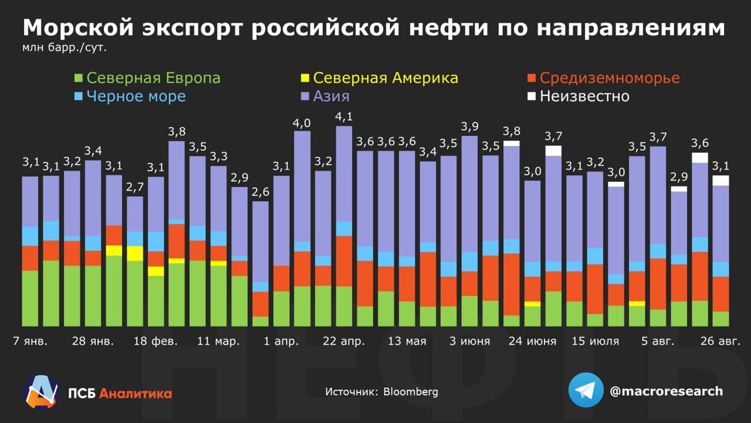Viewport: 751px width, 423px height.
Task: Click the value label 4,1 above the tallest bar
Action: tap(344, 117)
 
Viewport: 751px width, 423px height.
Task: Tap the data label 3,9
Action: tap(469, 126)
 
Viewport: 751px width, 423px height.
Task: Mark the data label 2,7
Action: tap(135, 187)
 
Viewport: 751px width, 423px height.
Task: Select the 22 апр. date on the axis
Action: tap(343, 342)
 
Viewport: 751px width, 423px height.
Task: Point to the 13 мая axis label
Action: tap(407, 342)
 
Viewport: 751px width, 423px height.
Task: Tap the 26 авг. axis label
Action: tap(720, 342)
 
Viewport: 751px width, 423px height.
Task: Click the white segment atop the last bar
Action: tap(721, 180)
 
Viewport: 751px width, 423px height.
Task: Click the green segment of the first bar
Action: tap(30, 298)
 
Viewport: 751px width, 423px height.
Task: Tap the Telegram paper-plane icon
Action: tap(586, 390)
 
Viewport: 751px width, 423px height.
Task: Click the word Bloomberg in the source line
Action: tap(411, 392)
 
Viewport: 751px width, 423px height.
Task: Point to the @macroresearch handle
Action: tap(666, 391)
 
